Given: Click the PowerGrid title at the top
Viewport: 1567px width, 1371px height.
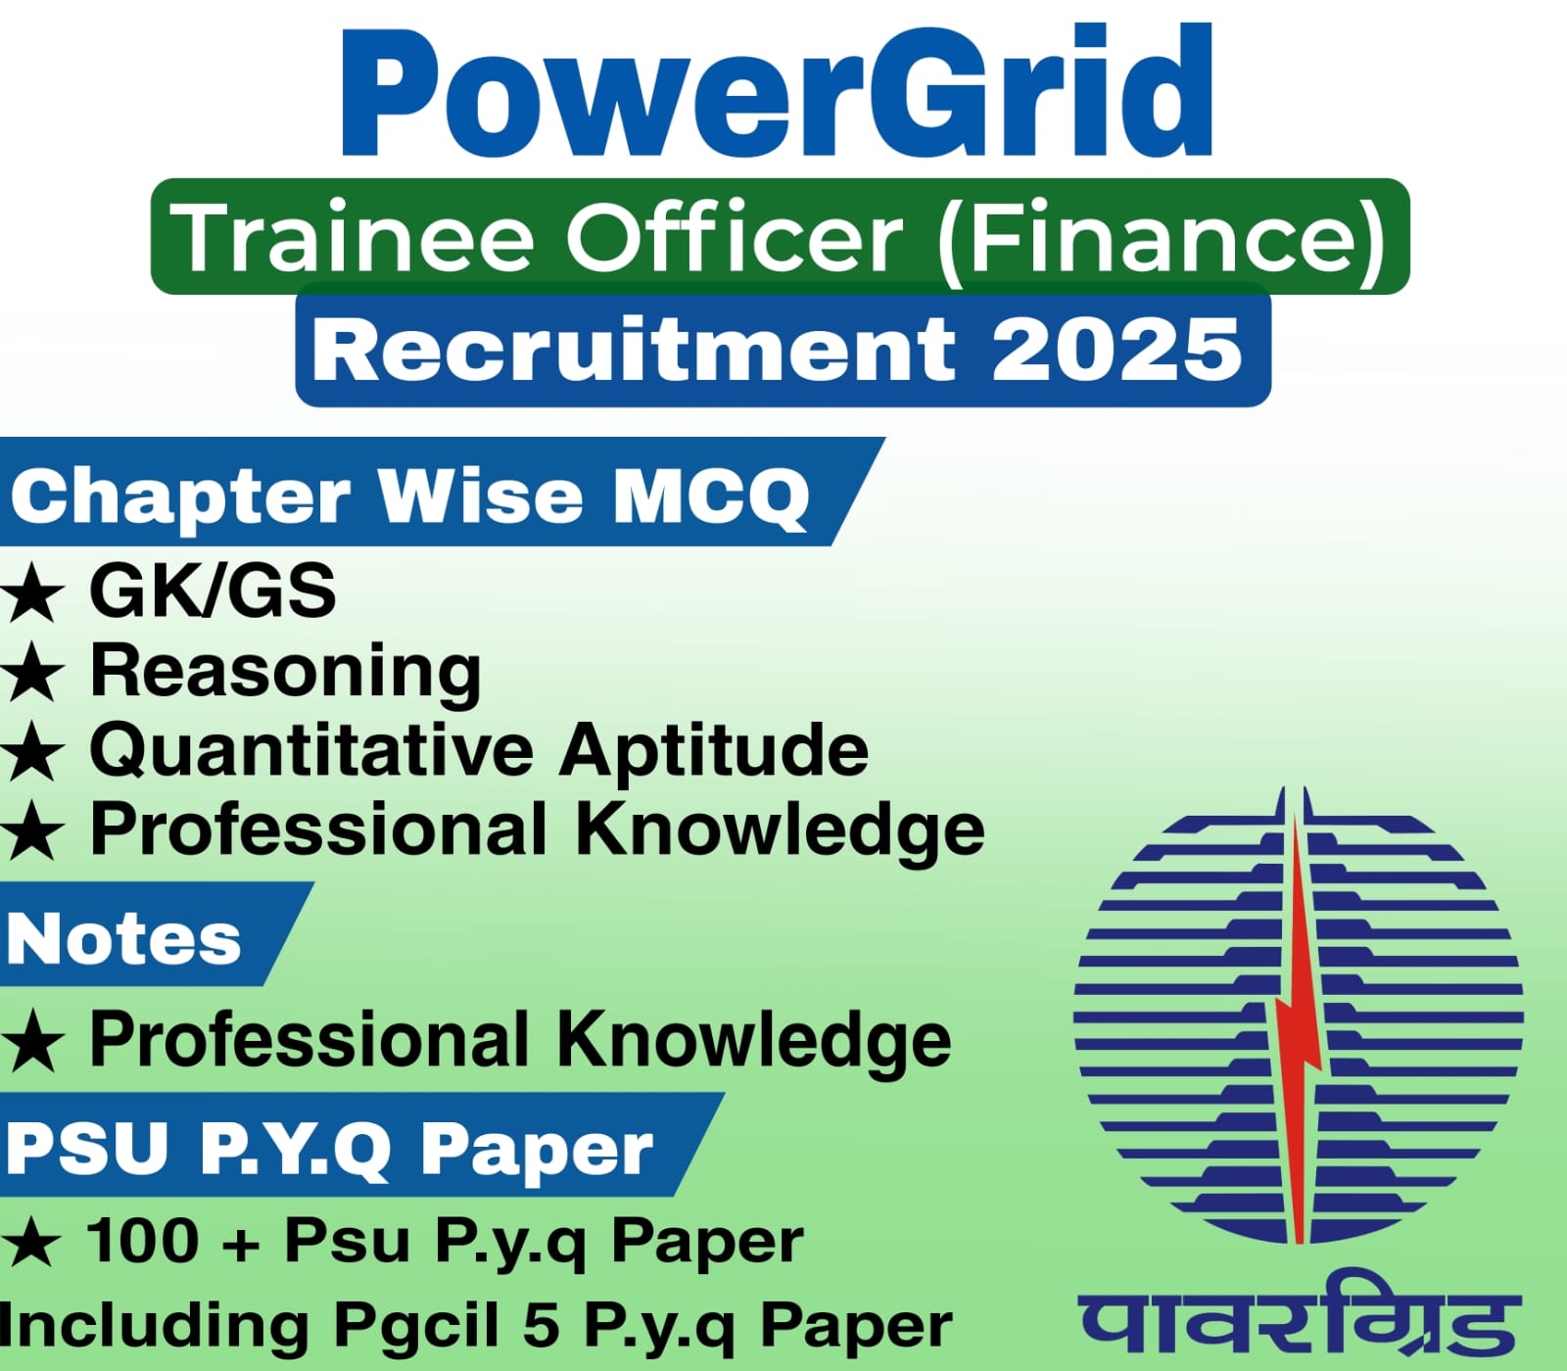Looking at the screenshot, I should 776,93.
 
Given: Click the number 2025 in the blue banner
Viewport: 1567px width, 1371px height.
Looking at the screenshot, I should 1116,350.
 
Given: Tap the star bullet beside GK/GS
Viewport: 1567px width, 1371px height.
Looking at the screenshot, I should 32,594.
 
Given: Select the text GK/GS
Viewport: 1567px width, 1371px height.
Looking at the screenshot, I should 213,591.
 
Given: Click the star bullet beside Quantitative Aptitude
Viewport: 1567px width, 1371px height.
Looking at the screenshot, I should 32,754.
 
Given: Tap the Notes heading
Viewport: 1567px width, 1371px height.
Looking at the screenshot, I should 123,939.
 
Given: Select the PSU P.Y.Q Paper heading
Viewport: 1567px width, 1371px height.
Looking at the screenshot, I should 329,1148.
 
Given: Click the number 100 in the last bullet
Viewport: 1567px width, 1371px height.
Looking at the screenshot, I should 143,1241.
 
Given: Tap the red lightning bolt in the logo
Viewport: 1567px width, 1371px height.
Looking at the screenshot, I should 1298,1028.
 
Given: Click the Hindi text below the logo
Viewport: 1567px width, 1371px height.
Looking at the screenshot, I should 1300,1317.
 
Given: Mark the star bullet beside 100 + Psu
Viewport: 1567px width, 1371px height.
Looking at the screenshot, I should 32,1244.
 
